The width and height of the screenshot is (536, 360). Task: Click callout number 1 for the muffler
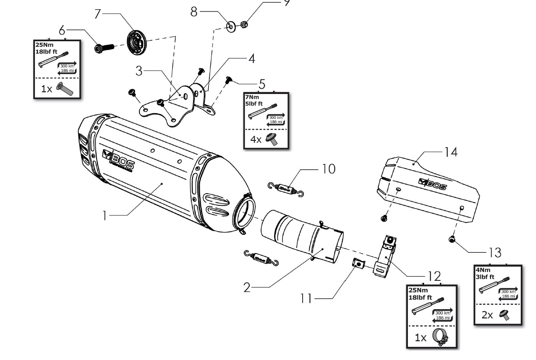coord(104,216)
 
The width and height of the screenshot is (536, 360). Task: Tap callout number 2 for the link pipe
coord(247,287)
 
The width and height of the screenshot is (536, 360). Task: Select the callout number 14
coord(450,152)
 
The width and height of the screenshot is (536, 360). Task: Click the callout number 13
coord(495,252)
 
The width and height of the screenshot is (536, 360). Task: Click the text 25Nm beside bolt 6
coord(44,45)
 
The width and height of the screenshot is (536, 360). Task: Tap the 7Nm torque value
coord(251,97)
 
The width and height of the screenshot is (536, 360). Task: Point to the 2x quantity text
coord(487,315)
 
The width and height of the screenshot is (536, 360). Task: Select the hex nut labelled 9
coord(245,25)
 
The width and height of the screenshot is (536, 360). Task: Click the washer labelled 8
coord(231,27)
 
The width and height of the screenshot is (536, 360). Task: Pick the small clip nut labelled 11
coord(358,264)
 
